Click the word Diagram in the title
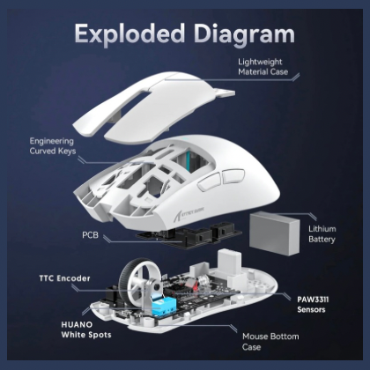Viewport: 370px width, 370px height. click(240, 34)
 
